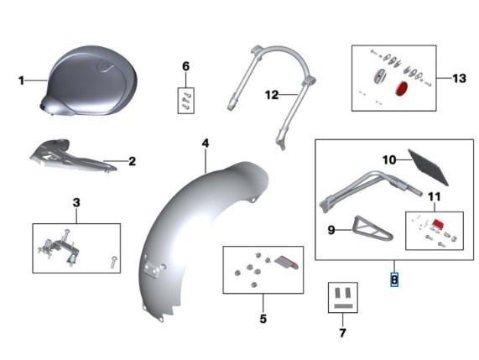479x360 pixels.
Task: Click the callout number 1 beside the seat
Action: (x=21, y=81)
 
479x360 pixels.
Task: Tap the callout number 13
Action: (x=459, y=79)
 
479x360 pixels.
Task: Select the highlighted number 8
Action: (x=394, y=279)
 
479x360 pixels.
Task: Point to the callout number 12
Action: (x=272, y=95)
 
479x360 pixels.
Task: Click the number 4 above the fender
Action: (x=206, y=143)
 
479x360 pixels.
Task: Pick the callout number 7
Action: (x=342, y=333)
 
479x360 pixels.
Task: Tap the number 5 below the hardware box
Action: (x=263, y=319)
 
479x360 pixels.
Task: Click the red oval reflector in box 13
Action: (x=402, y=88)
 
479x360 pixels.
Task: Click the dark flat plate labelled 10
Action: (x=429, y=167)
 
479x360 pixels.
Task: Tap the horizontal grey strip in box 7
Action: (x=343, y=306)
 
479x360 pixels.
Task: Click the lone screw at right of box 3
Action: (x=113, y=263)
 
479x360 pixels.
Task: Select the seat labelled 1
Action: (x=89, y=81)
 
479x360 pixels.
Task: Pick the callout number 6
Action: (x=185, y=66)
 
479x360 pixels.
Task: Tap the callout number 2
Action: (x=132, y=161)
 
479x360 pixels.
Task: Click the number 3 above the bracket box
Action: (x=76, y=202)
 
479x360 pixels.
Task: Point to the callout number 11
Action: (x=434, y=197)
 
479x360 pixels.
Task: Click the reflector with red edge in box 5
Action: (x=287, y=263)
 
